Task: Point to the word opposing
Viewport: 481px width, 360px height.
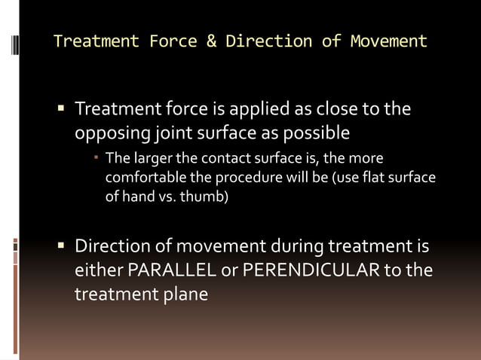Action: point(110,133)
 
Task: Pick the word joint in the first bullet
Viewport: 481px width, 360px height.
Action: point(173,133)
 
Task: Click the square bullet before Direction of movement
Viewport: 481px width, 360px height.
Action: point(62,246)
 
